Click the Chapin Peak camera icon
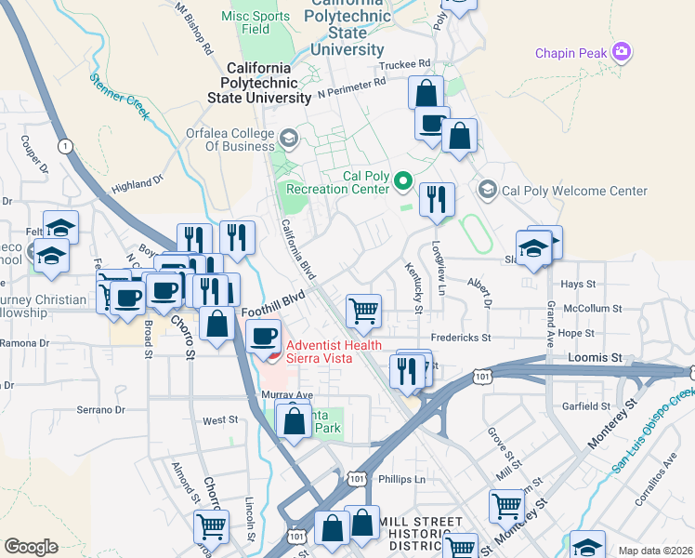pyautogui.click(x=622, y=52)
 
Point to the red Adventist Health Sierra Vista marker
pyautogui.click(x=271, y=354)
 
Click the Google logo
pyautogui.click(x=31, y=546)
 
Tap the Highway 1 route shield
pyautogui.click(x=64, y=146)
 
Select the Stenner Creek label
pyautogui.click(x=120, y=97)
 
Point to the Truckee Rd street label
pyautogui.click(x=406, y=64)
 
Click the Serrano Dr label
pyautogui.click(x=100, y=409)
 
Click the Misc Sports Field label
pyautogui.click(x=256, y=22)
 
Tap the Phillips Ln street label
pyautogui.click(x=401, y=479)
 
